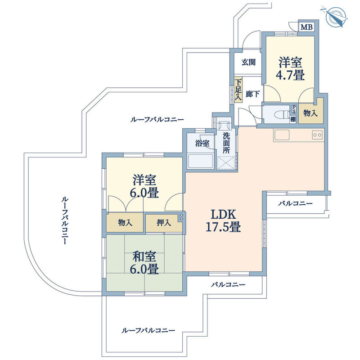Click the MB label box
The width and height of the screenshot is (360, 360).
(306, 27)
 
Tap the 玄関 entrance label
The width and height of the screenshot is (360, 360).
(248, 63)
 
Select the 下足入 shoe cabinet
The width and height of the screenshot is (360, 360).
(238, 91)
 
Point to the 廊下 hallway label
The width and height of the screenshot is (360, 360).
(252, 95)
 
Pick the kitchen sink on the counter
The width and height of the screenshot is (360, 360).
(283, 135)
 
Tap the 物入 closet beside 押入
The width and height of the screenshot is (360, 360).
(125, 222)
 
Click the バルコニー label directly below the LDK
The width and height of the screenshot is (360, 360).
(228, 285)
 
